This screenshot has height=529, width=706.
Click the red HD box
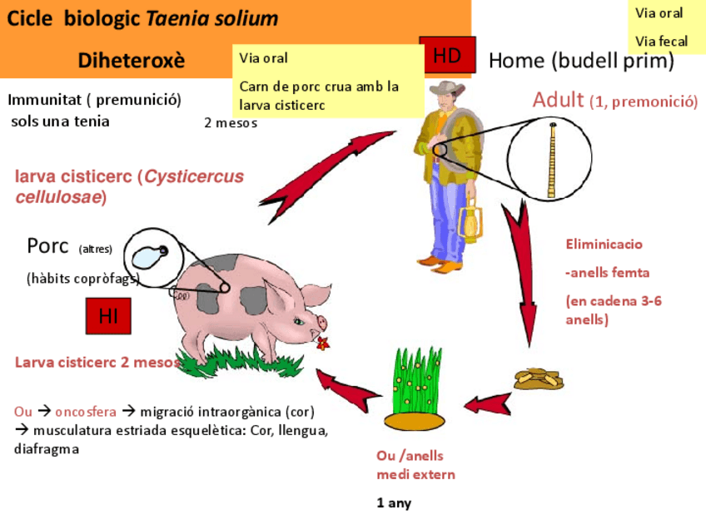[447, 57]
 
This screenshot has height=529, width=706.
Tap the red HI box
[108, 316]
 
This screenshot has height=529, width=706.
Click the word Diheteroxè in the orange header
[131, 60]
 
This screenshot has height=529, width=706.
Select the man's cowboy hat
[447, 91]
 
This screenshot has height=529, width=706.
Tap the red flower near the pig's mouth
[322, 342]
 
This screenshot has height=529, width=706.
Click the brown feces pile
[538, 379]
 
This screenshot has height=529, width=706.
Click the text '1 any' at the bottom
[394, 503]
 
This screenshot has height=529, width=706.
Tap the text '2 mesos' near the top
[231, 123]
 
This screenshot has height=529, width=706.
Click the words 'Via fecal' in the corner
[661, 41]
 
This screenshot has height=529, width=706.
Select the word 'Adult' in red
[558, 100]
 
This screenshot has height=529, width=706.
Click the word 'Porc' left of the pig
[47, 246]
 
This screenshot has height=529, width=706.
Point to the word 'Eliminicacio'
[604, 245]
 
